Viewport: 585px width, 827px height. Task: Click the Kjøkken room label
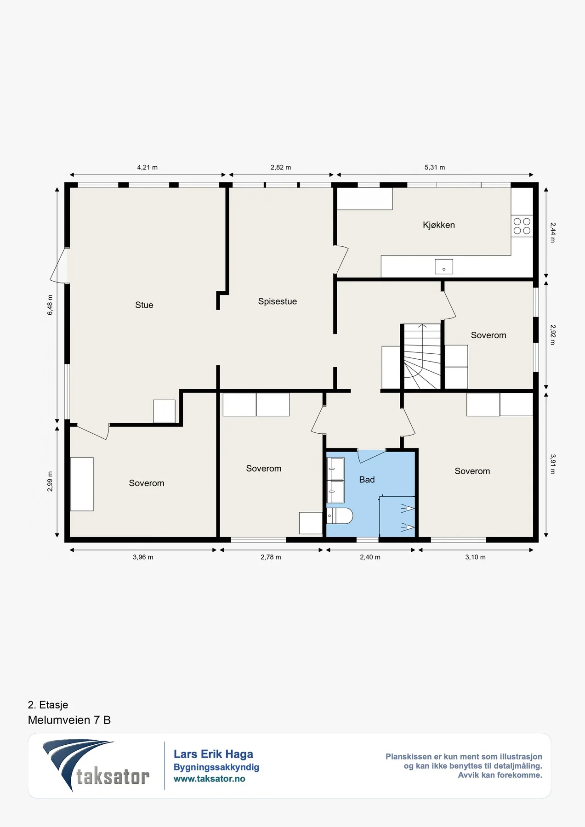point(439,225)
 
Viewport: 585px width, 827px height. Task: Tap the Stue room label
point(144,305)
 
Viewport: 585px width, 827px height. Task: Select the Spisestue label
point(278,301)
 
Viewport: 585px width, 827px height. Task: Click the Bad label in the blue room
point(367,480)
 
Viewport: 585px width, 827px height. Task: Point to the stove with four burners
point(522,226)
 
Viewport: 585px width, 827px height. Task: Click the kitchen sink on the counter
point(444,267)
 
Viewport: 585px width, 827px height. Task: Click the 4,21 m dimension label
point(148,168)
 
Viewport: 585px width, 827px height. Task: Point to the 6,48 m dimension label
point(50,305)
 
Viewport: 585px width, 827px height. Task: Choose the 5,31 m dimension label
point(435,168)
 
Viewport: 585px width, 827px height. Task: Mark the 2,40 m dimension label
point(370,557)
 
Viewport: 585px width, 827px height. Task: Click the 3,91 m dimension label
point(553,464)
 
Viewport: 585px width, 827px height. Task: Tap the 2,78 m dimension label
point(271,557)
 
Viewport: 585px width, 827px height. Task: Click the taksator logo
point(96,765)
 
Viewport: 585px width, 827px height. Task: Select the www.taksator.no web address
point(210,779)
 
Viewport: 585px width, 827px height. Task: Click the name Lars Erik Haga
point(213,754)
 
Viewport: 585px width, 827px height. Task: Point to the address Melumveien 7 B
point(69,720)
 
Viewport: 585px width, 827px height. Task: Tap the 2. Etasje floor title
point(48,705)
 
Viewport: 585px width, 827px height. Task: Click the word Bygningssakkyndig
point(216,767)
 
